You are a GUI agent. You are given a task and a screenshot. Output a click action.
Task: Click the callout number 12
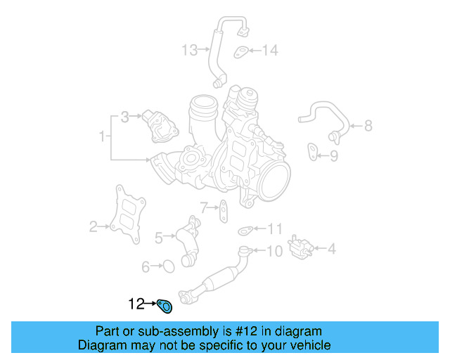[x=136, y=304]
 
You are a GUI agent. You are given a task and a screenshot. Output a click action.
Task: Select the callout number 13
[x=190, y=50]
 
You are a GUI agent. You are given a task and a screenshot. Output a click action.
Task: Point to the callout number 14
[x=270, y=50]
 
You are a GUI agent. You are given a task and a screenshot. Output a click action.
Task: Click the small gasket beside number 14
[x=240, y=51]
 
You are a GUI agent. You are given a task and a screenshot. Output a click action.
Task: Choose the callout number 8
[x=368, y=127]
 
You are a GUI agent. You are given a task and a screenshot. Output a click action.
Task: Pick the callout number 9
[x=334, y=155]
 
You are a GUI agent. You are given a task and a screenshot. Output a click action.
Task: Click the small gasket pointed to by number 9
[x=311, y=150]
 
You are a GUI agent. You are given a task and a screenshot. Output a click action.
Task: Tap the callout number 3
[x=124, y=117]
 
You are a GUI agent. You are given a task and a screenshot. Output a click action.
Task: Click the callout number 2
[x=94, y=226]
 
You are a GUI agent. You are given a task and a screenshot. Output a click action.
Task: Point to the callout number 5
[x=159, y=238]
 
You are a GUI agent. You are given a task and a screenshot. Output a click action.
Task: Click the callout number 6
[x=146, y=266]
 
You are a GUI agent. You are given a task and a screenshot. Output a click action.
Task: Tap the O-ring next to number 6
[x=167, y=266]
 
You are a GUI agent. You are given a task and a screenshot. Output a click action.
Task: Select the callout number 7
[x=204, y=207]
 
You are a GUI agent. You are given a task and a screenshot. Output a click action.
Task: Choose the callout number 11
[x=274, y=229]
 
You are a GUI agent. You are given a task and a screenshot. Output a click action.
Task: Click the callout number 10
[x=274, y=250]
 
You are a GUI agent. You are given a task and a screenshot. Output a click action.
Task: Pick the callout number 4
[x=331, y=247]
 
